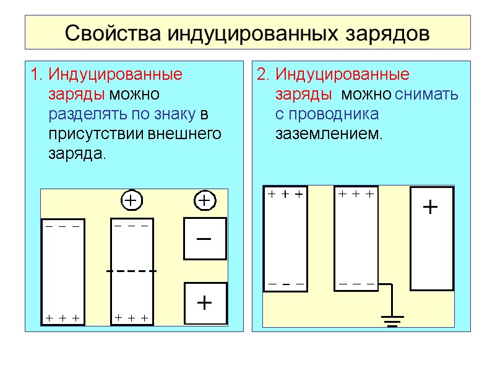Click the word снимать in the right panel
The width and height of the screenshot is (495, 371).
coord(426,95)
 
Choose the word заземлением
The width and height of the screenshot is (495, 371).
coord(329,134)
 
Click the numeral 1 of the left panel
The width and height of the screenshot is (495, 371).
coord(34,75)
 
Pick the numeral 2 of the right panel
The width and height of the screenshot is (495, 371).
coord(262,75)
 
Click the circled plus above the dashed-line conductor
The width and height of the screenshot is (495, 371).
coord(131,201)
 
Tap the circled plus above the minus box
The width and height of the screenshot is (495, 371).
coord(205,201)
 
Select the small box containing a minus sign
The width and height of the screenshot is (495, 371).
coord(205,239)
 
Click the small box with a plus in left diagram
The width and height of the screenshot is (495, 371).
coord(205,303)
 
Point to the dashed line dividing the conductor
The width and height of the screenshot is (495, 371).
coord(131,271)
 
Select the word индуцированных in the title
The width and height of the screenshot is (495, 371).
coord(246,32)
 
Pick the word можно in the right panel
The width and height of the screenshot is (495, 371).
coord(366,95)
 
